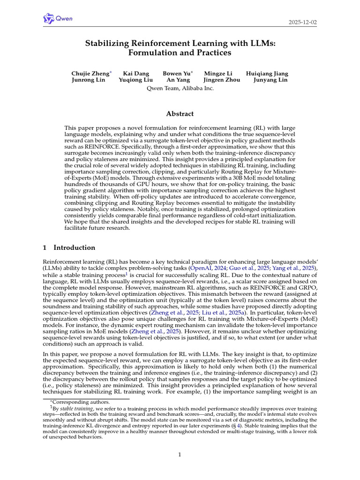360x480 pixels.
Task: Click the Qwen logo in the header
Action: coord(58,19)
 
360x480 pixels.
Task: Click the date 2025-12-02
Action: coord(303,22)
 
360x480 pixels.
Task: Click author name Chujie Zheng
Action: coord(90,74)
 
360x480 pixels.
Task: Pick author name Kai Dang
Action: coord(134,74)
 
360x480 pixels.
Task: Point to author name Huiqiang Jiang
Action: coord(267,74)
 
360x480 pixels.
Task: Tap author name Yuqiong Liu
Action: coord(135,80)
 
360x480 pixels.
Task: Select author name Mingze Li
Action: coord(219,74)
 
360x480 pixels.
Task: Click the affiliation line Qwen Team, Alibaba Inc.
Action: coord(180,88)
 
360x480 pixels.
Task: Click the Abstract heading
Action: coord(180,113)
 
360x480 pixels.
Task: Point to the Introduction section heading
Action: coord(74,247)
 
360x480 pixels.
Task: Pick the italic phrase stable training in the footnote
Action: coord(73,409)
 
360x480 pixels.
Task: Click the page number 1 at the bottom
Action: coord(180,454)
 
